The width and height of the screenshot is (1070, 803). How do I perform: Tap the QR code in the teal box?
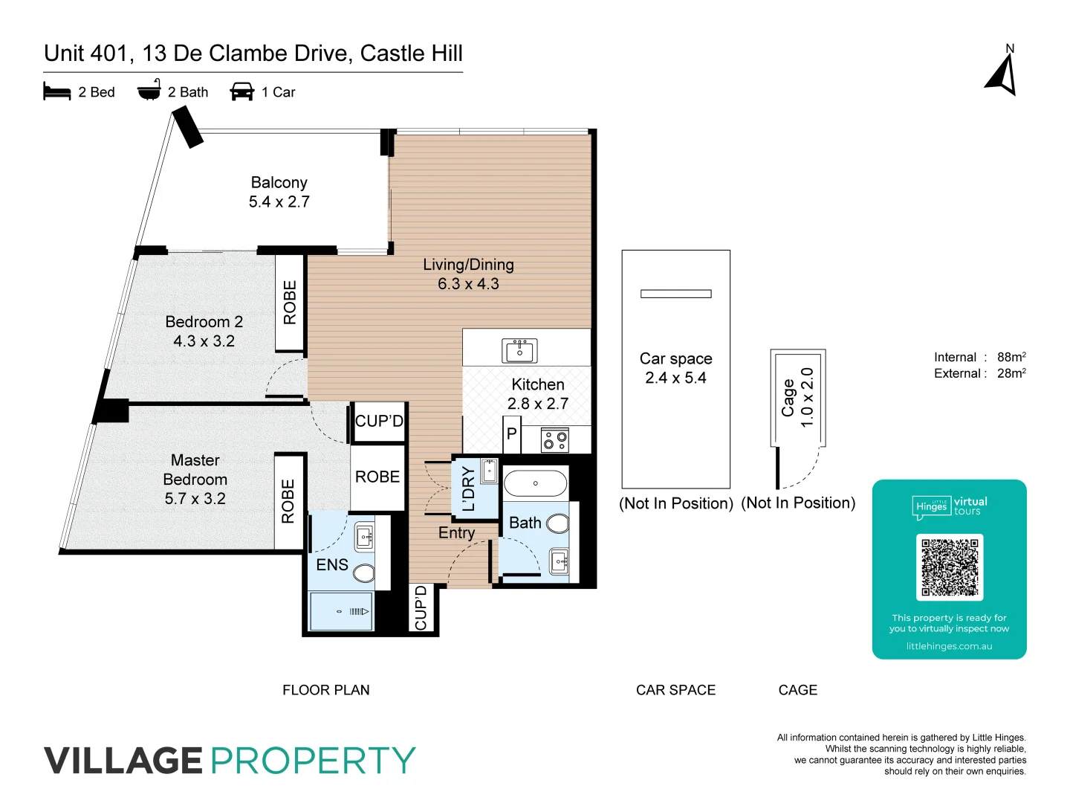950,567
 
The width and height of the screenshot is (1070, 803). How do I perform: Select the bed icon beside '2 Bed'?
57,92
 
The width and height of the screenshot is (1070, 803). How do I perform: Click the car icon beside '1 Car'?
242,92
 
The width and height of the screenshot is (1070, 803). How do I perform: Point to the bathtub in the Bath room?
536,483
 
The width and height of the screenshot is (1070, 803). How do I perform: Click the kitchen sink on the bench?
519,349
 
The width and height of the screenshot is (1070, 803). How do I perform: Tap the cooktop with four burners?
555,440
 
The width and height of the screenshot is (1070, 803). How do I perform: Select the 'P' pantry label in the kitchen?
511,434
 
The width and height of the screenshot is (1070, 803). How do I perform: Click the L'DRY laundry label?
468,488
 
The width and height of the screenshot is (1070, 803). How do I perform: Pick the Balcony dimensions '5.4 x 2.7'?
279,201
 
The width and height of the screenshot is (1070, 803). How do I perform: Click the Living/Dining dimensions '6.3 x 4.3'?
468,284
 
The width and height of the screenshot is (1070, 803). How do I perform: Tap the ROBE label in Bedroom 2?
290,302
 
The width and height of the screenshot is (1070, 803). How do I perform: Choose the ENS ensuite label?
331,565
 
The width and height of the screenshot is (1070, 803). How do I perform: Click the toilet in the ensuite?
363,573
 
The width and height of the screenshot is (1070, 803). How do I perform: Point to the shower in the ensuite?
342,611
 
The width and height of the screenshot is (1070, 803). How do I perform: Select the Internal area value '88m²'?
1011,358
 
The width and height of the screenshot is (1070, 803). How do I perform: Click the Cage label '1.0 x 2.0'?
807,397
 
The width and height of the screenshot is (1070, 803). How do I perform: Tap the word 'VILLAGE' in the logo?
123,761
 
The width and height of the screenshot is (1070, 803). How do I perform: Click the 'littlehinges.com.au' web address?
949,646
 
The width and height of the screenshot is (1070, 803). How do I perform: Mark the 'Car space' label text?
675,358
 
